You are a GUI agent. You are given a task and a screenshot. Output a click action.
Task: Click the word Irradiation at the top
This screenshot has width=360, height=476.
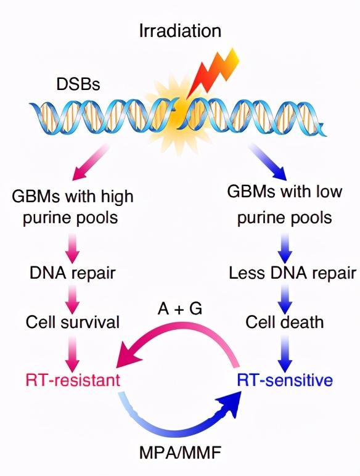click(x=180, y=31)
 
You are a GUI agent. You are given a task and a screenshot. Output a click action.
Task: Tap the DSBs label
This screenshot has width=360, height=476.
click(x=78, y=84)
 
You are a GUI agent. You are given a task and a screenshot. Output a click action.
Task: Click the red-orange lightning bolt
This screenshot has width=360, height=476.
click(x=213, y=73)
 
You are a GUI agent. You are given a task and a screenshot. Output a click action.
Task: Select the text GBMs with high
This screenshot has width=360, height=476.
click(x=73, y=197)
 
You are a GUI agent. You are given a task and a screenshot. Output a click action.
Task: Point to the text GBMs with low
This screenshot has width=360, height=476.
click(x=285, y=192)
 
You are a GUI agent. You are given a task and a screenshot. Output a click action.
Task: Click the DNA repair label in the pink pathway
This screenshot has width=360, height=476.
click(x=73, y=273)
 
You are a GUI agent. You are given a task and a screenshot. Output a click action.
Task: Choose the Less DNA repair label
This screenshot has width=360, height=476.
click(x=292, y=273)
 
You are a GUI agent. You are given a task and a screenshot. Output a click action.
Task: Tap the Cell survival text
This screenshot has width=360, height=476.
click(x=73, y=322)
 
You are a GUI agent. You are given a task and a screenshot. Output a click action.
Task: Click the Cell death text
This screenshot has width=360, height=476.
click(x=285, y=322)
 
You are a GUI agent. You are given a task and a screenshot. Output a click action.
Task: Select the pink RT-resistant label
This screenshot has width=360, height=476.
click(x=73, y=380)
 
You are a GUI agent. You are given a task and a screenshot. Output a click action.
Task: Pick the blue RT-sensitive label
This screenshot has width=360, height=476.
click(x=285, y=380)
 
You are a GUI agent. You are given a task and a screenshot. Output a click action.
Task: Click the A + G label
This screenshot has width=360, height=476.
click(x=180, y=309)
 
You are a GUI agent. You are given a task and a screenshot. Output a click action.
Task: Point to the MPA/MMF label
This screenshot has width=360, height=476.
click(x=180, y=453)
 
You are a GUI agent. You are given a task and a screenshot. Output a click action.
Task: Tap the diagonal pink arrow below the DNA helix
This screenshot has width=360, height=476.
click(x=90, y=162)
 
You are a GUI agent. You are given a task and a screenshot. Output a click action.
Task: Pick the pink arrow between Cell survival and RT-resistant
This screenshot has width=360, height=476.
click(x=73, y=353)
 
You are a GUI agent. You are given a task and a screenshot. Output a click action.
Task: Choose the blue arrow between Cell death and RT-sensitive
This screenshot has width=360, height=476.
click(x=285, y=353)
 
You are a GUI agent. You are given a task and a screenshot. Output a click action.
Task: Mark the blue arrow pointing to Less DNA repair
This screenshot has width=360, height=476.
click(x=285, y=248)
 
